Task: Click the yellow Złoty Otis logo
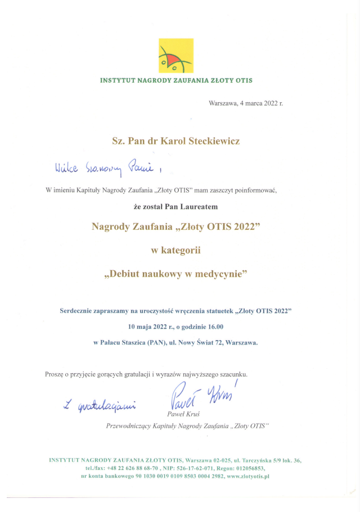click(175, 56)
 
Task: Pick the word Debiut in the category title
click(127, 274)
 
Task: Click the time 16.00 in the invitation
click(214, 326)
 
